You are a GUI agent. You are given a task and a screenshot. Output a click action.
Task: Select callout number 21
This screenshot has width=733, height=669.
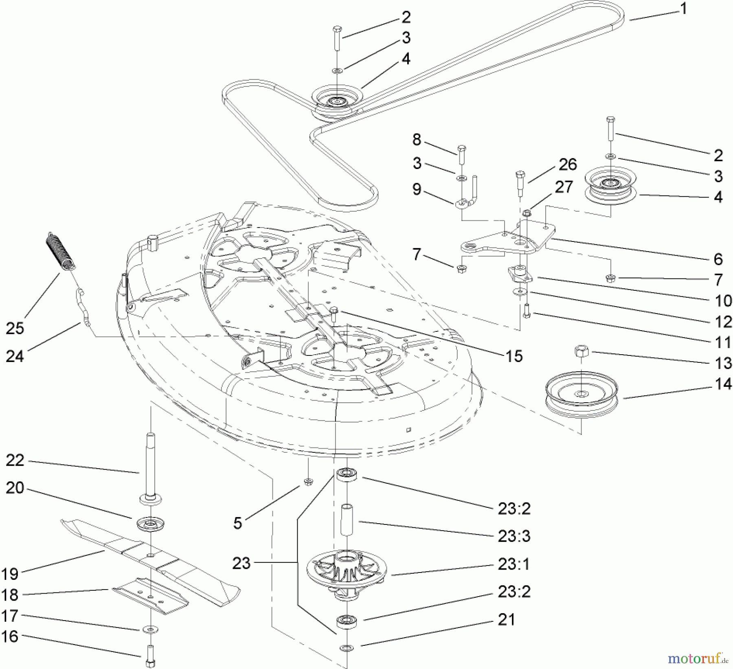tap(506, 620)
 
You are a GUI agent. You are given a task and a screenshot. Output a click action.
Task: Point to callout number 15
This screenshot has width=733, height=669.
tap(514, 356)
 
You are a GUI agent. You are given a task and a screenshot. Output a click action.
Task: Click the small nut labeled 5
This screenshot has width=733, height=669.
tap(308, 482)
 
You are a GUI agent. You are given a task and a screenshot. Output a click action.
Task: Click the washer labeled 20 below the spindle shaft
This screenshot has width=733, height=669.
tap(151, 524)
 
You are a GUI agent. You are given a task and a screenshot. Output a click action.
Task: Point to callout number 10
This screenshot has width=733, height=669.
tap(723, 301)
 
